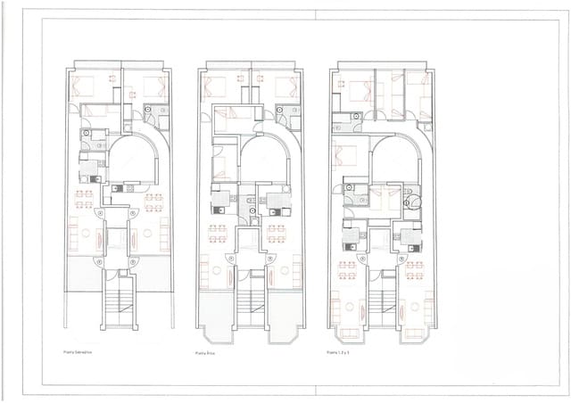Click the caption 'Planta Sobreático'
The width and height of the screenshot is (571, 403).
point(78,351)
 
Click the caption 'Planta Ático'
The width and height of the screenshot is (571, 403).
point(207,353)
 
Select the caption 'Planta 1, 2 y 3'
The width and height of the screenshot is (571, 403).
point(339,353)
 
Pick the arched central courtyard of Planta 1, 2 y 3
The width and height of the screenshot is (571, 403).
point(393,160)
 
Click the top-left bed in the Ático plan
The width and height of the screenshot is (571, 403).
point(216,87)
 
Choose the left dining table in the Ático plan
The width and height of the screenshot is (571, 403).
point(217,234)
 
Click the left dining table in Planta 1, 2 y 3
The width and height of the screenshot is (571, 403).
point(347,269)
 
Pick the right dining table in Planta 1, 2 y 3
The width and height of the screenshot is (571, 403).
point(414,269)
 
